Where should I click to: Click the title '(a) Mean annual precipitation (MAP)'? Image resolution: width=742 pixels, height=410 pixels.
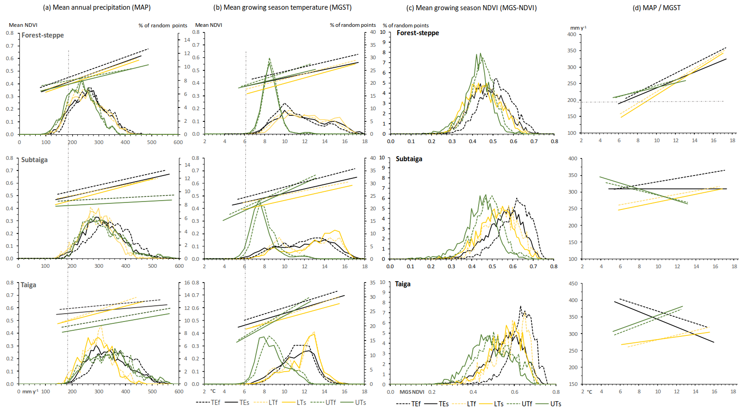(x=97, y=7)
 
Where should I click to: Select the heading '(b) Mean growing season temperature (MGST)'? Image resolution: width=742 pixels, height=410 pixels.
(x=282, y=7)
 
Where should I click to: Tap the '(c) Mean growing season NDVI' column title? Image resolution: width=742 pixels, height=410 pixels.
(x=471, y=8)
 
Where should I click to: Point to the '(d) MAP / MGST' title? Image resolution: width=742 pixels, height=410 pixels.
(x=656, y=8)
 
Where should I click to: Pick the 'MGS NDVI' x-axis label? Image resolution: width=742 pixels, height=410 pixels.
(x=412, y=392)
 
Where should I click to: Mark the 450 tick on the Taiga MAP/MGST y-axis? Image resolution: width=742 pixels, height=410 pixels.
(x=573, y=284)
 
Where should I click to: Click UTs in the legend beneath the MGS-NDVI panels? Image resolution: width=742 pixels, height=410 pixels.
(x=555, y=404)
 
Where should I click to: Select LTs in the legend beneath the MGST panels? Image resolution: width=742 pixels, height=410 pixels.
(x=301, y=403)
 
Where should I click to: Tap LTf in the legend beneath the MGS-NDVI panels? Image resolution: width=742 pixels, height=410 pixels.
(x=471, y=404)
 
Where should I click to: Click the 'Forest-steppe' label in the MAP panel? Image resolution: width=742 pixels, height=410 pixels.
(x=43, y=35)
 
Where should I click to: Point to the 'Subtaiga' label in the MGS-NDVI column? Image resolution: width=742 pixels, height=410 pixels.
(x=409, y=159)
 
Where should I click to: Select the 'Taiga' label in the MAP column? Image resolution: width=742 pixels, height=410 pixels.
(x=28, y=285)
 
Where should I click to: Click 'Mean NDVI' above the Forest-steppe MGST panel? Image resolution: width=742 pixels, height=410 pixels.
(x=208, y=25)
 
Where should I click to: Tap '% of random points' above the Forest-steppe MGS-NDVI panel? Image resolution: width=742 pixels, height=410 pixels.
(x=405, y=25)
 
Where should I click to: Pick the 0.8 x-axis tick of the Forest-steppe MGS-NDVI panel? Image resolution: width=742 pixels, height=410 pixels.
(x=554, y=141)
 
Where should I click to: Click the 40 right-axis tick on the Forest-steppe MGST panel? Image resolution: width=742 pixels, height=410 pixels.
(x=373, y=32)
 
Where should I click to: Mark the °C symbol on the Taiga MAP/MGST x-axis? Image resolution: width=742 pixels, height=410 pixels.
(x=589, y=392)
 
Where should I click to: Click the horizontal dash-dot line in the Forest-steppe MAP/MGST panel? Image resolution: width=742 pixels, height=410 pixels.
(x=671, y=101)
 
